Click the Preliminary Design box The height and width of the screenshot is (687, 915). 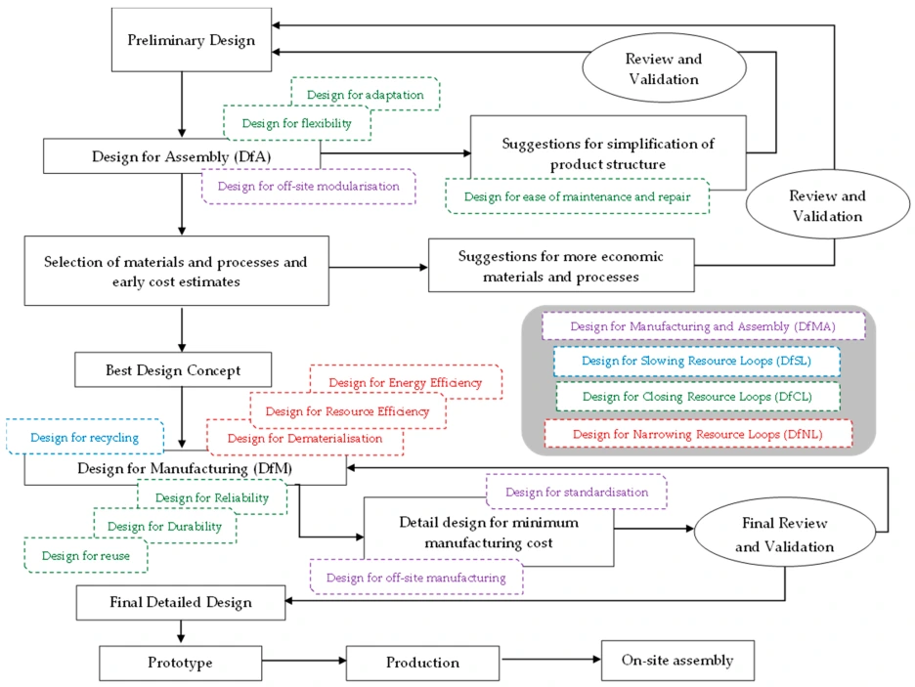click(x=192, y=41)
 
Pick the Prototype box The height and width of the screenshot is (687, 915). click(x=180, y=663)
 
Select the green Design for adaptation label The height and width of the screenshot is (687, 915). click(x=365, y=95)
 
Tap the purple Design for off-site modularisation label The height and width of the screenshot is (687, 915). click(x=308, y=186)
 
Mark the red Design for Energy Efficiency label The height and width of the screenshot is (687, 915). click(x=405, y=382)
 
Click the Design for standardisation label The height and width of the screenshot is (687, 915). click(x=577, y=492)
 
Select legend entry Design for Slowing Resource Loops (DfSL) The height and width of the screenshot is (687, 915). click(x=696, y=361)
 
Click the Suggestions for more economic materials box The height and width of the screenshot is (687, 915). click(x=560, y=267)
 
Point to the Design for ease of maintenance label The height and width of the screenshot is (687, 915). click(x=576, y=196)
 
